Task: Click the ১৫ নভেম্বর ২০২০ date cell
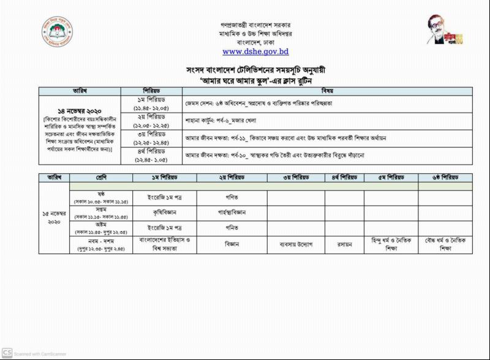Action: pos(54,218)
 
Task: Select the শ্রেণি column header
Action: pos(101,177)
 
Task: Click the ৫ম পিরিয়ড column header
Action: pos(391,177)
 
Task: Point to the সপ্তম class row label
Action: pos(101,213)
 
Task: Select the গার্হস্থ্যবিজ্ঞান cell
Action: pos(232,212)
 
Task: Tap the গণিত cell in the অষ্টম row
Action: pos(232,228)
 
